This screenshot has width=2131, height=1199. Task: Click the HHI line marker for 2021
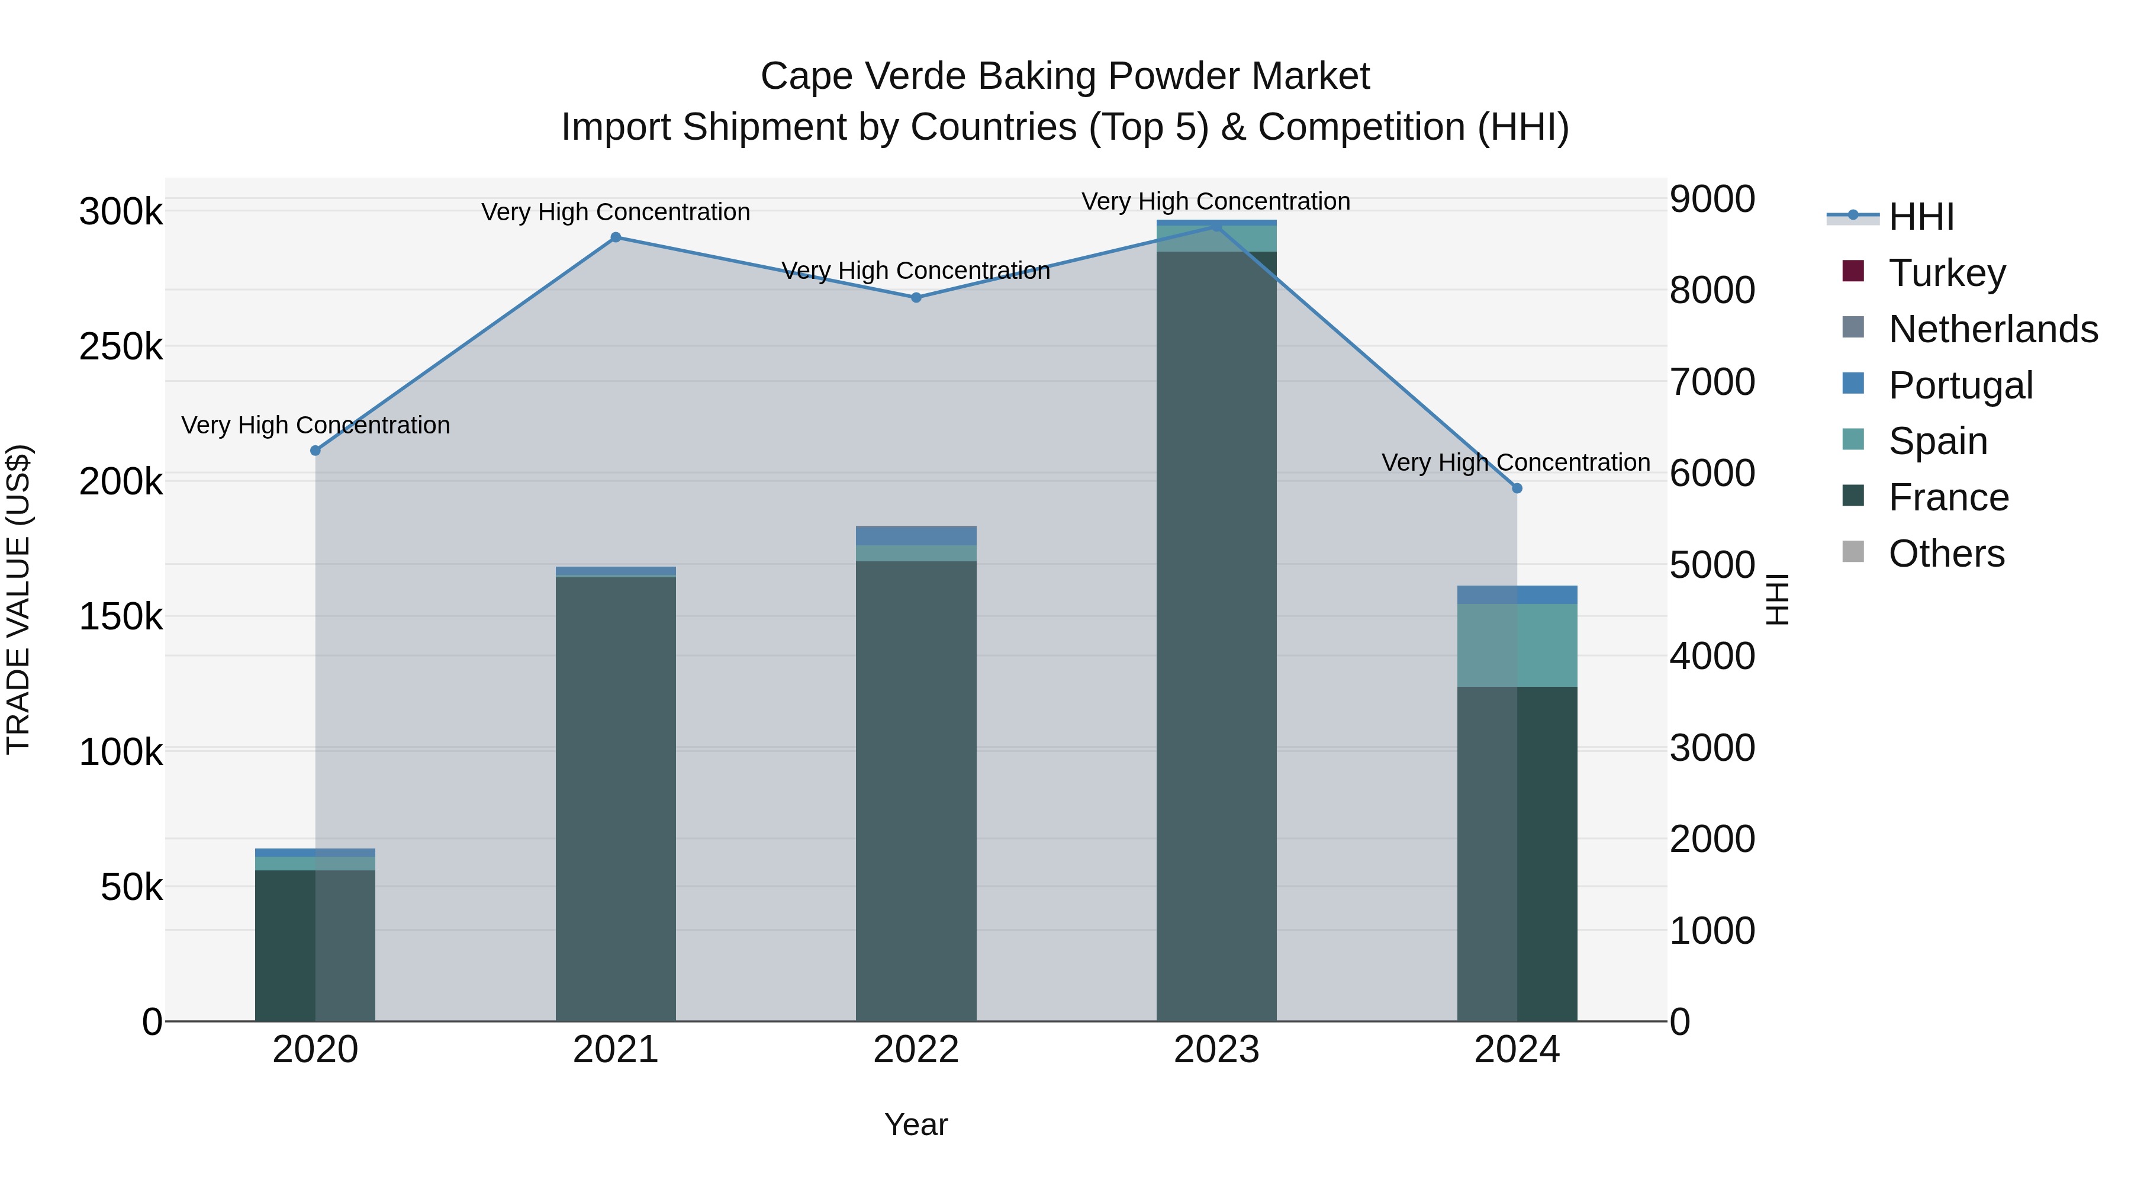[x=616, y=237]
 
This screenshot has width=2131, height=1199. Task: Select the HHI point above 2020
[x=315, y=450]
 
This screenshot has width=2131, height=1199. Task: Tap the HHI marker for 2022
[x=916, y=298]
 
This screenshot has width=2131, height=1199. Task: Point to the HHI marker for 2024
[x=1517, y=488]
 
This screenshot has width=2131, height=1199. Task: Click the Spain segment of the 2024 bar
[x=1517, y=645]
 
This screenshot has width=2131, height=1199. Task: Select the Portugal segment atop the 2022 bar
[x=916, y=535]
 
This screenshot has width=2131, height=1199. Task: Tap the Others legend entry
[x=1946, y=554]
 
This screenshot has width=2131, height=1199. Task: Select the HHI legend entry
[x=1921, y=217]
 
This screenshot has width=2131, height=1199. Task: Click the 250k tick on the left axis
[x=121, y=347]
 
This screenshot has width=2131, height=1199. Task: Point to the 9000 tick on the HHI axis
[x=1711, y=200]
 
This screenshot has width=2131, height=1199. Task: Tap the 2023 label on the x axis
[x=1216, y=1050]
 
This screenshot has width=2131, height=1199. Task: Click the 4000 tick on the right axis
[x=1711, y=656]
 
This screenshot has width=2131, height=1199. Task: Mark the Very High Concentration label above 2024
[x=1515, y=462]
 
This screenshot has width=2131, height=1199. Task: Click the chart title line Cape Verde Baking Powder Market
[x=1065, y=77]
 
